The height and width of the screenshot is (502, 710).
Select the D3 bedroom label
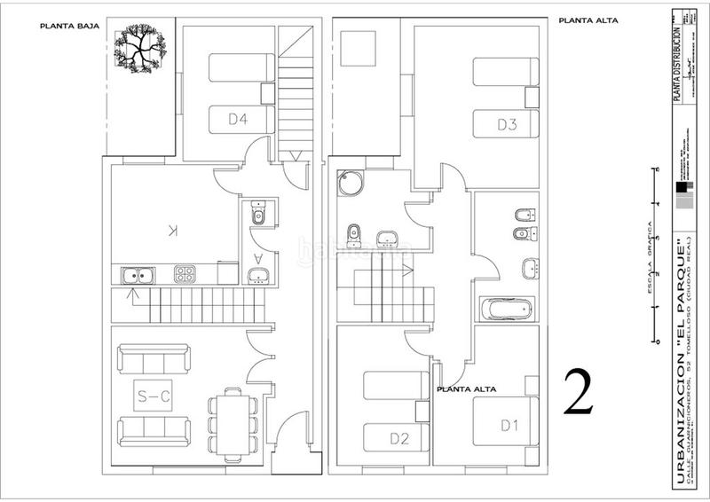[507, 124]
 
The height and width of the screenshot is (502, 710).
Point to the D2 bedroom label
[398, 437]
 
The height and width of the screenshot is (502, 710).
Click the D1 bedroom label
[509, 425]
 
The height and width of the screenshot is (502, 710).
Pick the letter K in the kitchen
[174, 231]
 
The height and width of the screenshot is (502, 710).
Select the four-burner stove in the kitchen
[185, 274]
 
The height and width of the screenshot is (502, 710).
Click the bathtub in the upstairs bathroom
[506, 310]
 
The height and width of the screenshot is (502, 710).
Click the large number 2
[579, 394]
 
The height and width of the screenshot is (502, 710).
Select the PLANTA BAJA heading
[69, 26]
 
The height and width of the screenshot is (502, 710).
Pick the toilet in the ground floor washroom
[259, 215]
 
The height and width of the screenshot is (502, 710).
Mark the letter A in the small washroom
[258, 256]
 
